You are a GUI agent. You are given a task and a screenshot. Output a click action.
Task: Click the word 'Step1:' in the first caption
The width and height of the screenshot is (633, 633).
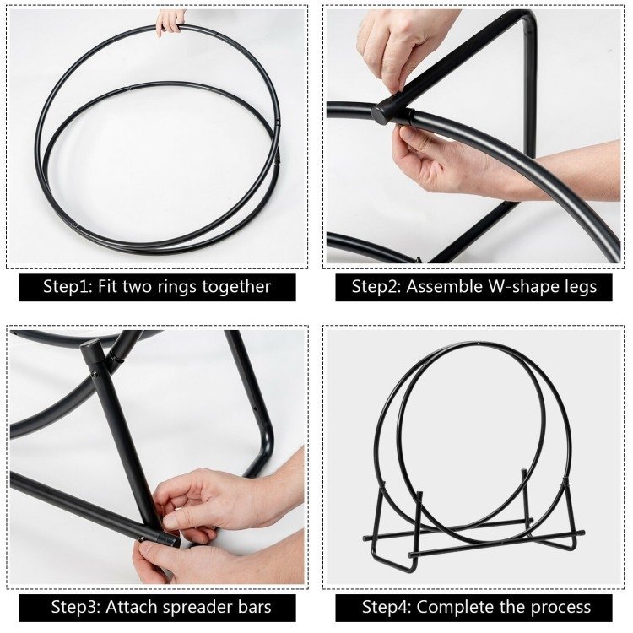68,287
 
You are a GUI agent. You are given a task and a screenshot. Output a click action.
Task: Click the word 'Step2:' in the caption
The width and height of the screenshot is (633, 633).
376,287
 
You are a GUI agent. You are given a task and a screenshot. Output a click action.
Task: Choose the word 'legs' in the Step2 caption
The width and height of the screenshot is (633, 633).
578,288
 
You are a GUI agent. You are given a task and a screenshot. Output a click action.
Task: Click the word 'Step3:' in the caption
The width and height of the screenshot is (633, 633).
76,607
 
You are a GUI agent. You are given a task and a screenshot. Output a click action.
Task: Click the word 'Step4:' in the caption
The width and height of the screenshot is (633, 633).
387,607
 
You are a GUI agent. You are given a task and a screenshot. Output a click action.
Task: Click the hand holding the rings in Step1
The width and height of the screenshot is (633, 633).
170,22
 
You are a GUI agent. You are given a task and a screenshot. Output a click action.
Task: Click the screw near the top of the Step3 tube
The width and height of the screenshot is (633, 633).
95,374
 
